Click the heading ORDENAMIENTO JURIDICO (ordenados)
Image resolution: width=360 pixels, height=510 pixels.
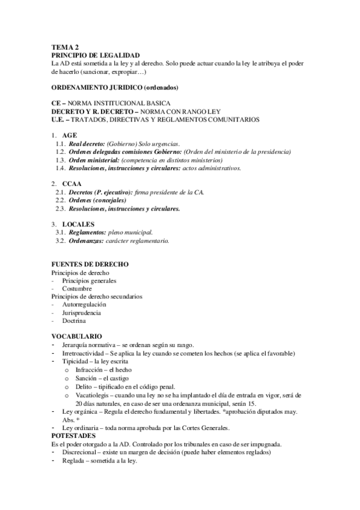(114, 88)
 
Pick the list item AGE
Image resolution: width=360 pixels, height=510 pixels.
(70, 137)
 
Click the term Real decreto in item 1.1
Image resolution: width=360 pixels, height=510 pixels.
(87, 145)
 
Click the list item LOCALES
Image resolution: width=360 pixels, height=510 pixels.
(78, 224)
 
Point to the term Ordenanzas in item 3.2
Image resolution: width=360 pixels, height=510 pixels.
(87, 241)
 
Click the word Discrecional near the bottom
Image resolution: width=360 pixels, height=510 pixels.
(81, 452)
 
